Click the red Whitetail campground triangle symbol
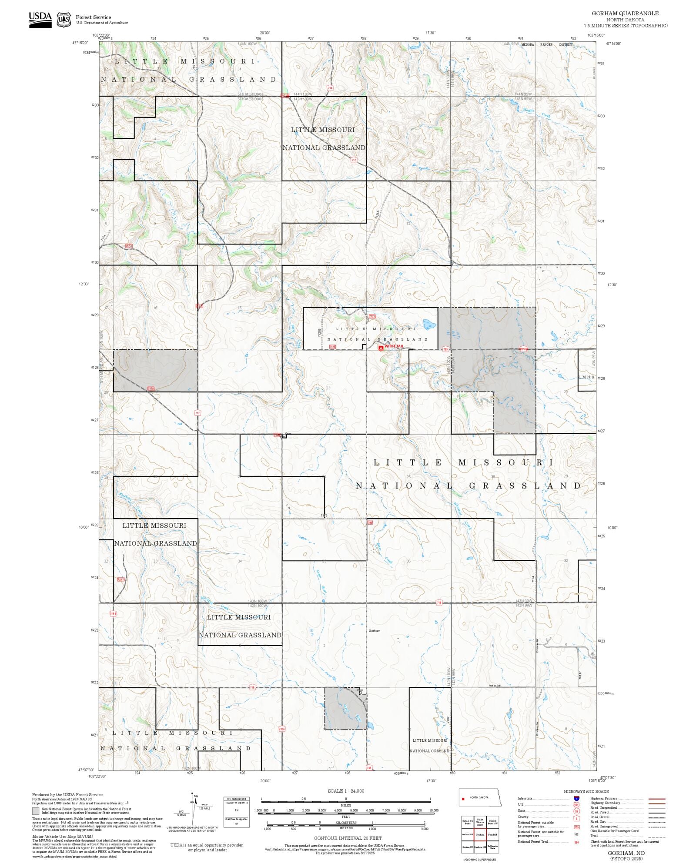click(381, 348)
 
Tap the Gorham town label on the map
click(374, 631)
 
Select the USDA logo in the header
click(40, 20)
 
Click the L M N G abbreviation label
click(586, 377)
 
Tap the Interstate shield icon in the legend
click(576, 799)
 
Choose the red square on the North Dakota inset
click(463, 799)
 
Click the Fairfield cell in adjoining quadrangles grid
click(492, 834)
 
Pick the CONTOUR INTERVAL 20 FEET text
click(348, 838)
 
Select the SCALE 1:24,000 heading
click(346, 791)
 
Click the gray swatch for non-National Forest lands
click(36, 811)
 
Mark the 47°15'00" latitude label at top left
click(80, 43)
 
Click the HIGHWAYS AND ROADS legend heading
click(586, 791)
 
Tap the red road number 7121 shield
click(372, 316)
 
